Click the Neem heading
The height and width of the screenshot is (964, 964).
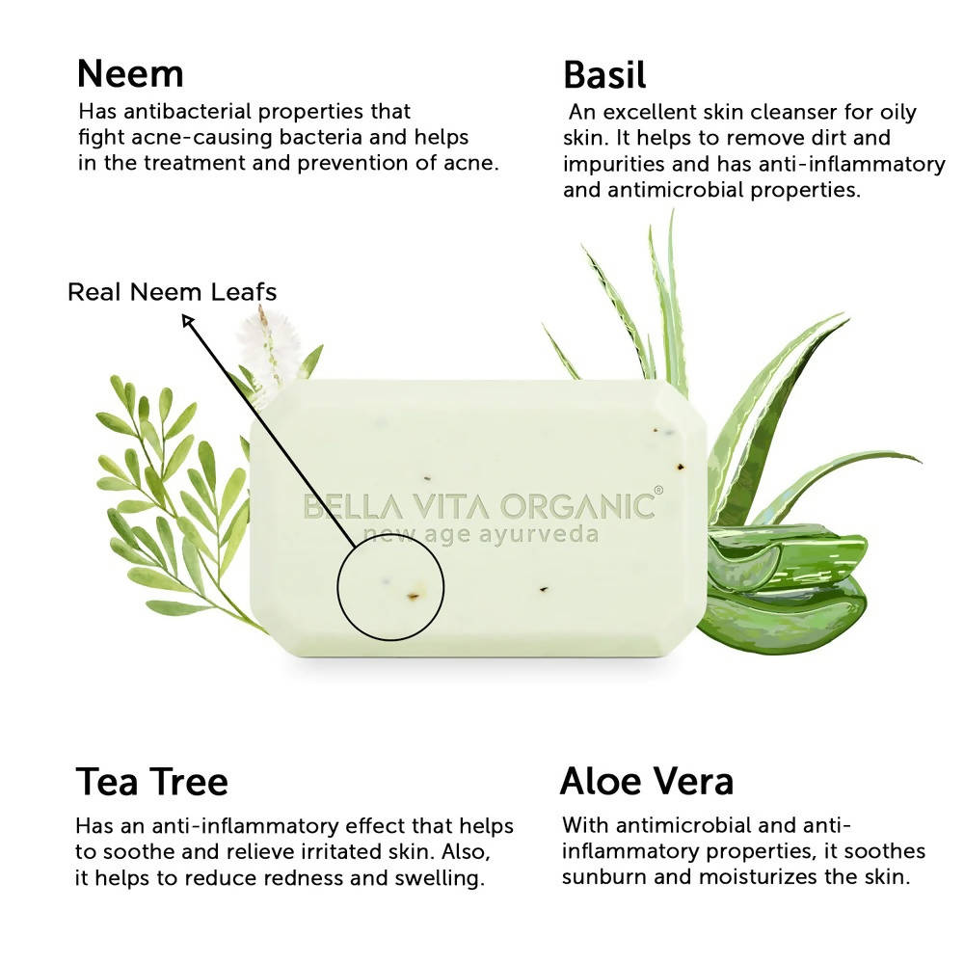(x=130, y=74)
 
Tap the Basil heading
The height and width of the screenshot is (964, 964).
(x=604, y=75)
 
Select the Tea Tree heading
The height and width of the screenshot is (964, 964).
(x=152, y=782)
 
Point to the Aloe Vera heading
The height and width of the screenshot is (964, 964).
(x=647, y=781)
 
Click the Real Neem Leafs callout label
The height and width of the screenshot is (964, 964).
(x=173, y=292)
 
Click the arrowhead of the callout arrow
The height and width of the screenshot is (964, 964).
(x=188, y=320)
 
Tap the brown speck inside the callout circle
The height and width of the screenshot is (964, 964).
(x=413, y=595)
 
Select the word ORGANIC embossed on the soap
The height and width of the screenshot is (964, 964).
(x=577, y=507)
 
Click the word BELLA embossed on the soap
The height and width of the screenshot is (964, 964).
(x=353, y=508)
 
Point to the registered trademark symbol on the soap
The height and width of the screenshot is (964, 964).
(x=658, y=490)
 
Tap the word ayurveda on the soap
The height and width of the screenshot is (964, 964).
(x=539, y=535)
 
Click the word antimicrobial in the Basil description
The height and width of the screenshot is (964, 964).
(x=676, y=189)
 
